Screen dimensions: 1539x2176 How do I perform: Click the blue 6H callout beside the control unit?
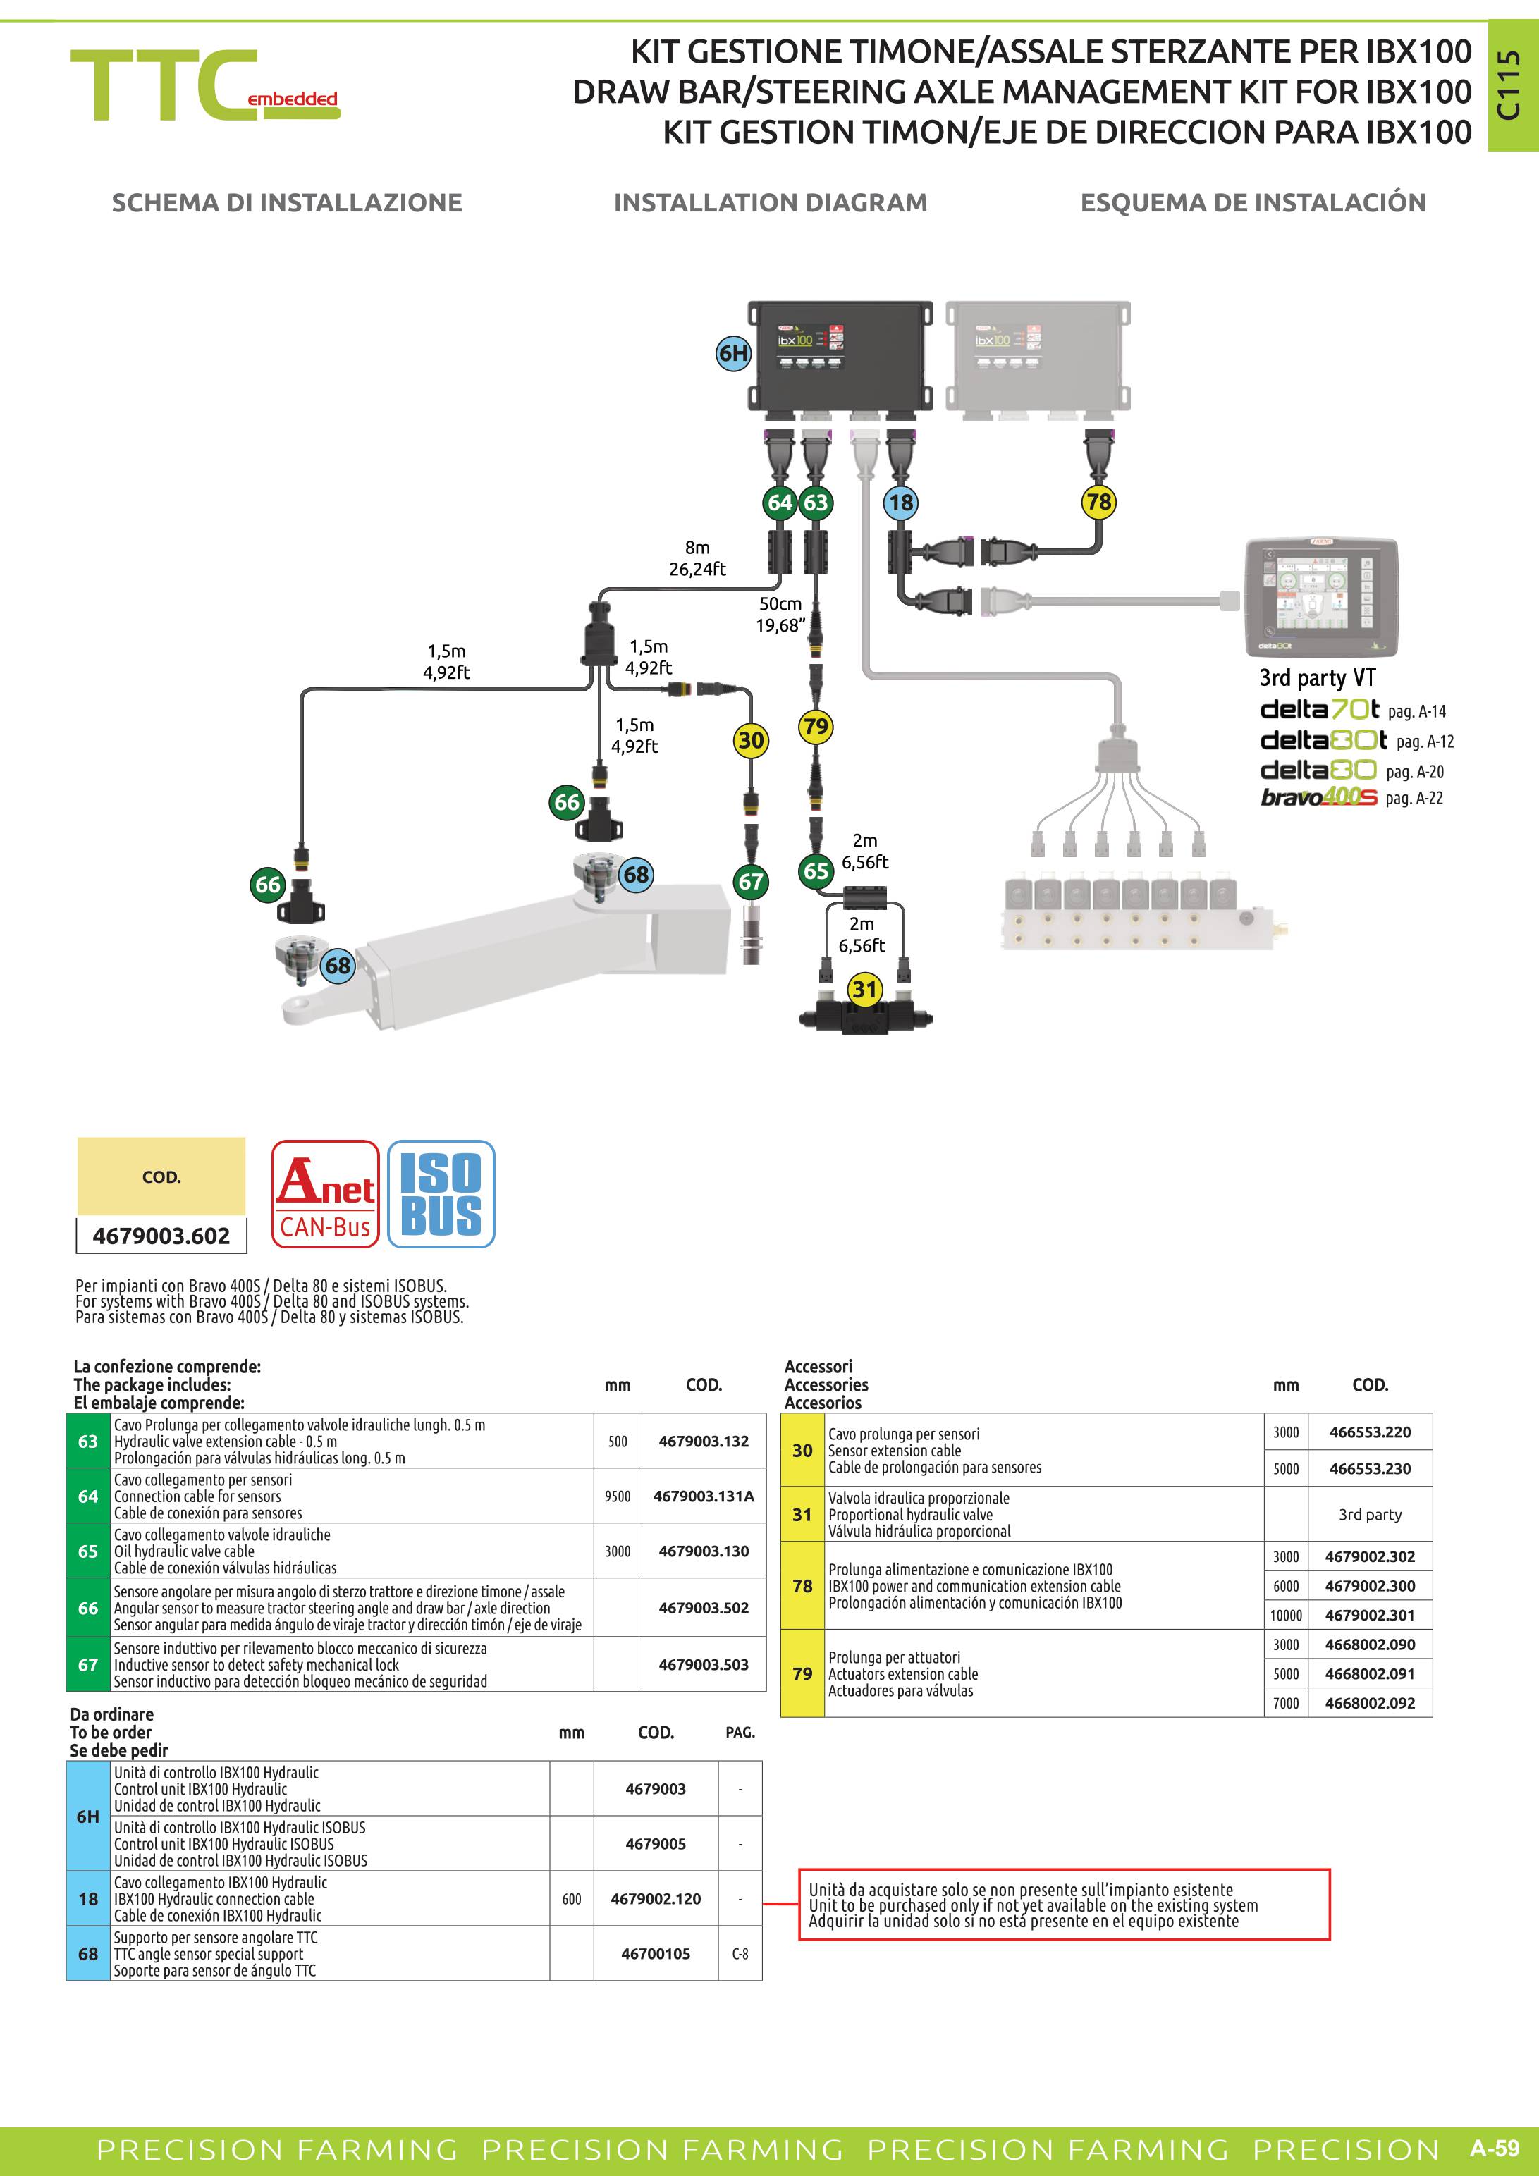coord(732,354)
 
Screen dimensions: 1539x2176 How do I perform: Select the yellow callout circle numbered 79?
coord(815,727)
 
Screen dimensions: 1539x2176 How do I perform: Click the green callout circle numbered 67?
coord(751,881)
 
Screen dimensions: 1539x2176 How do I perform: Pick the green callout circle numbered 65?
coord(815,871)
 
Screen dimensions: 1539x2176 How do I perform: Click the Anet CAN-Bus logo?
coord(325,1193)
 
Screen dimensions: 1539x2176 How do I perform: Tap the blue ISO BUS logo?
coord(441,1193)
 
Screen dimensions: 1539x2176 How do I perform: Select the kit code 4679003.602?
coord(161,1236)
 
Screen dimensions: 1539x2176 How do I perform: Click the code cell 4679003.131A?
coord(703,1496)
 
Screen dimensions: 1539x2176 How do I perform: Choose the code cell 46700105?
coord(656,1953)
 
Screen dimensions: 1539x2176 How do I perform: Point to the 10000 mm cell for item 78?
coord(1286,1615)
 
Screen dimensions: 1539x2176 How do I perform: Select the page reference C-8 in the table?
coord(740,1953)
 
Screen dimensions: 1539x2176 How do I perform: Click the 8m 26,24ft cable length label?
coord(697,558)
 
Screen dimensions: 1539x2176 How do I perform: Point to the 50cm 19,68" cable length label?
coord(781,614)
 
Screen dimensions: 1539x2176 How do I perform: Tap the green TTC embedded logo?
coord(204,85)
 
